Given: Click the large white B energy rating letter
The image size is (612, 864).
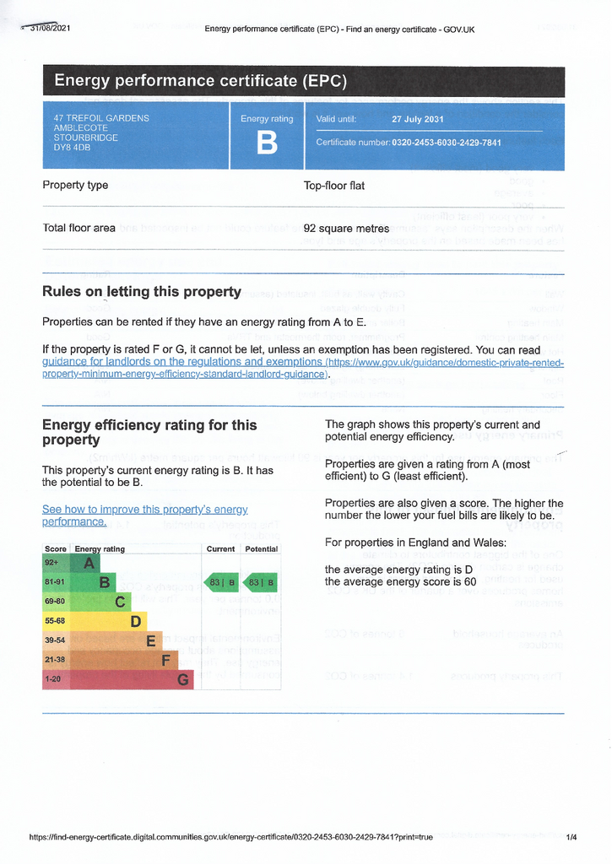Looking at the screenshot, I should coord(267,144).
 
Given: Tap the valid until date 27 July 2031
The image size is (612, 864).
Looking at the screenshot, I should coord(417,120).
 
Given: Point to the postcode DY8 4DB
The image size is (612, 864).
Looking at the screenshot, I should coord(72,148).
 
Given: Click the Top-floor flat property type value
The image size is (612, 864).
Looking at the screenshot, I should coord(334,186).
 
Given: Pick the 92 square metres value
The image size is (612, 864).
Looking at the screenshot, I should coord(346,229).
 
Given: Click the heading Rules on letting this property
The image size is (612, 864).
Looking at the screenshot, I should coord(142,292).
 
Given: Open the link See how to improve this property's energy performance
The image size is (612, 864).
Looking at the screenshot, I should coord(144,516).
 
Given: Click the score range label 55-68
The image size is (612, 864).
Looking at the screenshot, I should coord(55,621).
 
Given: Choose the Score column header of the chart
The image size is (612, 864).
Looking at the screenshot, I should coord(56,549).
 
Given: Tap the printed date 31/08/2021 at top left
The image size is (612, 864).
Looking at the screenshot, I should coord(50,29).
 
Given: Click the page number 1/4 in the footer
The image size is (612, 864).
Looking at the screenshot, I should coord(571,837).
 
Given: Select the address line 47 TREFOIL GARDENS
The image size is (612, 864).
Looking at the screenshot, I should coord(101,118).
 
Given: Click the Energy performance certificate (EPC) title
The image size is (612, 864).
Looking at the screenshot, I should coord(200,81).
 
